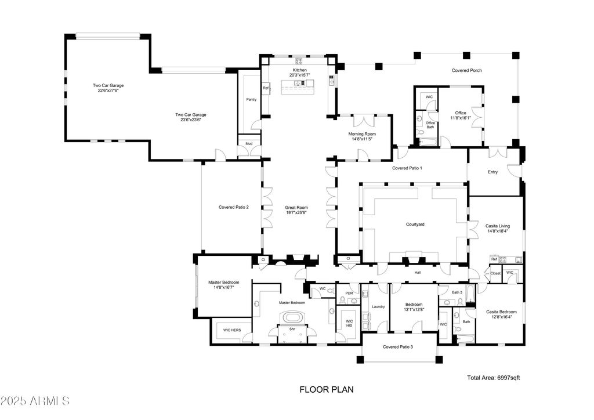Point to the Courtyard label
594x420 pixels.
click(x=415, y=224)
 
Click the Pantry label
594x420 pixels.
click(x=251, y=100)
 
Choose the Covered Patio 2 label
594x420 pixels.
click(x=233, y=207)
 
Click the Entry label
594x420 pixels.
click(x=492, y=172)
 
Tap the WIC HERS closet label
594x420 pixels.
click(x=232, y=330)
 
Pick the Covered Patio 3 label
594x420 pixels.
click(x=398, y=347)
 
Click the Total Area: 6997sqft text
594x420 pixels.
click(x=493, y=378)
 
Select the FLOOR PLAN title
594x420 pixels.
click(x=326, y=390)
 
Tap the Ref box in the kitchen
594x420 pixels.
click(x=266, y=88)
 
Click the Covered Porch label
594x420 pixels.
click(x=466, y=71)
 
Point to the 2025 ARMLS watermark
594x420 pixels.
click(x=36, y=401)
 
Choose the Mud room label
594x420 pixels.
click(x=248, y=143)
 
